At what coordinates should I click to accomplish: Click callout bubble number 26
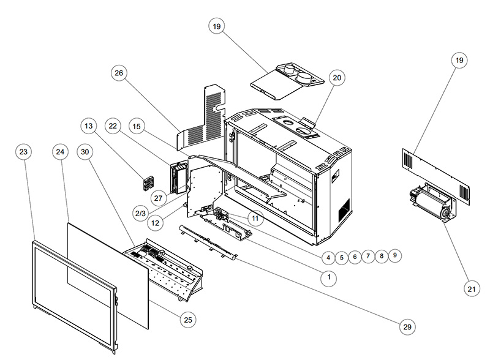[119, 73]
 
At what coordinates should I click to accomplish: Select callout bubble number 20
[336, 78]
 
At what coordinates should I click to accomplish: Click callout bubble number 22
[112, 126]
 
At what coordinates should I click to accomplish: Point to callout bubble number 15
[137, 127]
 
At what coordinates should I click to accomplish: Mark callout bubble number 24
[59, 151]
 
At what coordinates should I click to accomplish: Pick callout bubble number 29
[407, 327]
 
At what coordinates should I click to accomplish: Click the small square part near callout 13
[148, 182]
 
